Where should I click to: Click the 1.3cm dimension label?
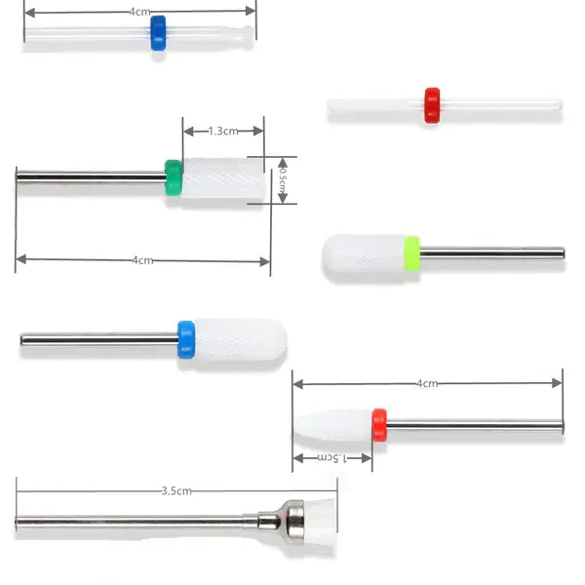click(x=222, y=131)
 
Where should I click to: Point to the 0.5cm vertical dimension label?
click(x=283, y=180)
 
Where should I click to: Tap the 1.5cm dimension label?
click(x=331, y=457)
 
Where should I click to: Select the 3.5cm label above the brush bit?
click(x=176, y=490)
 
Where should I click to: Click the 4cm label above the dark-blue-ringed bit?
click(x=139, y=12)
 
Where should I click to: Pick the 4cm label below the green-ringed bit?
click(x=143, y=260)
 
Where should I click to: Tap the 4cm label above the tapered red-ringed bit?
click(x=427, y=383)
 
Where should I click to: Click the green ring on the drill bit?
click(x=174, y=177)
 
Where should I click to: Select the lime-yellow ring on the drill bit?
click(x=412, y=253)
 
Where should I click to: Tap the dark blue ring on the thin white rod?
click(x=158, y=33)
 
